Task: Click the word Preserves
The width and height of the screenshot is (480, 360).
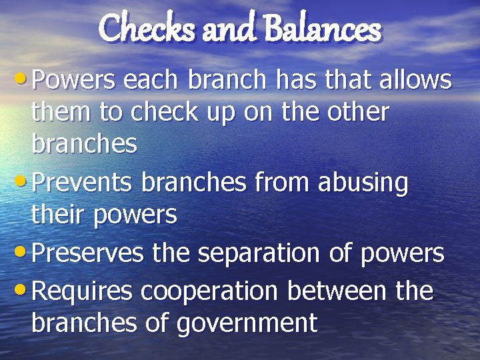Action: (x=88, y=254)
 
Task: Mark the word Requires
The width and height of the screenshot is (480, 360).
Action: (x=83, y=291)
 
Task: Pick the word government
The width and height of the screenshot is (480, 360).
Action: (x=247, y=323)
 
